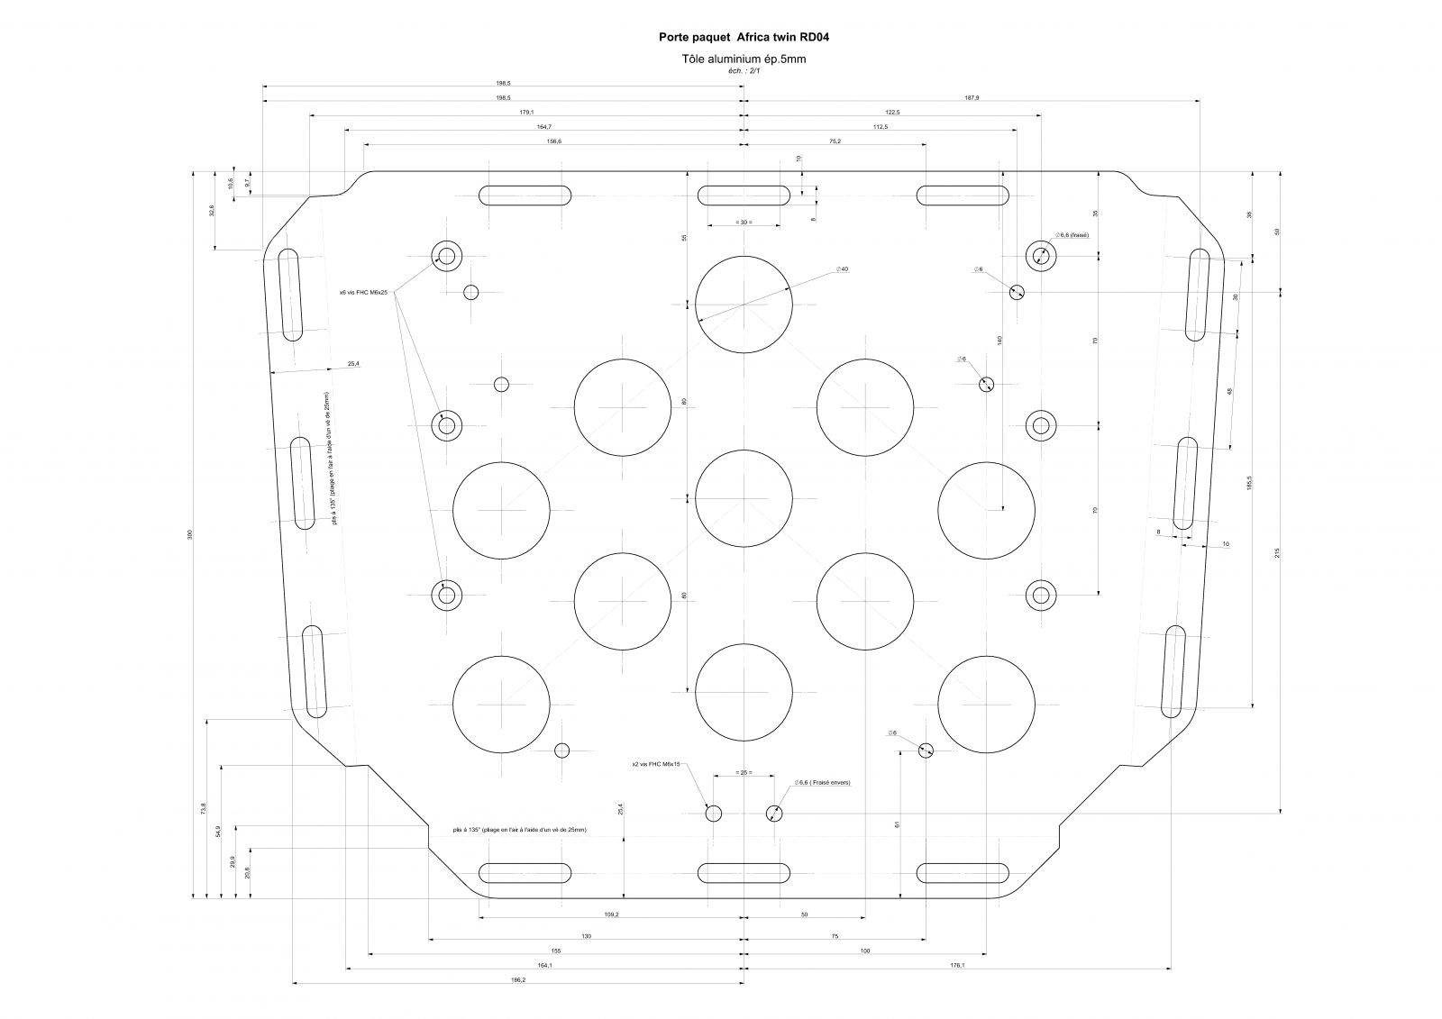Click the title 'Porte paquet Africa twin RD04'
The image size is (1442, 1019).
point(744,38)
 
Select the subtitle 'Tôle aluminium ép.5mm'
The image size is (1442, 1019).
point(744,59)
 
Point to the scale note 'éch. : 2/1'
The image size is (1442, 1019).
point(744,70)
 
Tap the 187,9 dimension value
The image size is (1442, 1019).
point(972,97)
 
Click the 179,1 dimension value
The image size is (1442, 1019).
point(526,112)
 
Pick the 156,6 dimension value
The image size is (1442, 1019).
point(553,141)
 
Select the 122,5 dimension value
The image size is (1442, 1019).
point(892,112)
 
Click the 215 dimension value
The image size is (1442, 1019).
point(1278,552)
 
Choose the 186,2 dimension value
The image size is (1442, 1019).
point(517,979)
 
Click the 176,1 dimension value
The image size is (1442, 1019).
point(957,965)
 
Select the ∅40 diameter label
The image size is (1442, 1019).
point(843,268)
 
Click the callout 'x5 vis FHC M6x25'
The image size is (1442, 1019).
point(362,292)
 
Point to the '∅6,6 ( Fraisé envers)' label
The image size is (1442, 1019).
point(822,782)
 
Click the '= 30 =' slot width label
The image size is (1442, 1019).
point(743,222)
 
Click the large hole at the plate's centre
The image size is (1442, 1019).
point(744,498)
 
